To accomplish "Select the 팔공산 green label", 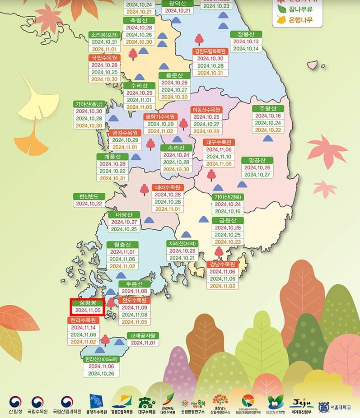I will (x=257, y=160).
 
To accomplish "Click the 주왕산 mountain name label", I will (x=268, y=108).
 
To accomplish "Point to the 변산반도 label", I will (x=89, y=196).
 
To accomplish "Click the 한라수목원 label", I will (x=82, y=320).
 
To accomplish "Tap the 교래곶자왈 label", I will (x=143, y=335).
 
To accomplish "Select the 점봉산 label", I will (x=246, y=34).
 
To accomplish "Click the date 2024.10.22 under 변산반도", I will (x=89, y=204).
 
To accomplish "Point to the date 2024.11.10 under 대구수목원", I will (x=219, y=157).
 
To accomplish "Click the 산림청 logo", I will (x=15, y=404).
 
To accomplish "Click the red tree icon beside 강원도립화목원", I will (x=199, y=40).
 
